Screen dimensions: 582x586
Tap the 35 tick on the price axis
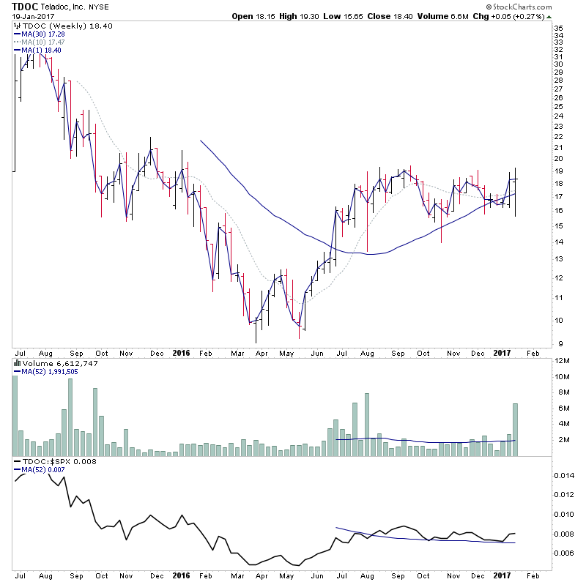coord(557,28)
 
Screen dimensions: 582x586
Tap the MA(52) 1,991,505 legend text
coord(50,372)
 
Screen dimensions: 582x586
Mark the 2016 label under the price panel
coord(181,352)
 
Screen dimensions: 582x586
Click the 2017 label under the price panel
coord(502,352)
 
